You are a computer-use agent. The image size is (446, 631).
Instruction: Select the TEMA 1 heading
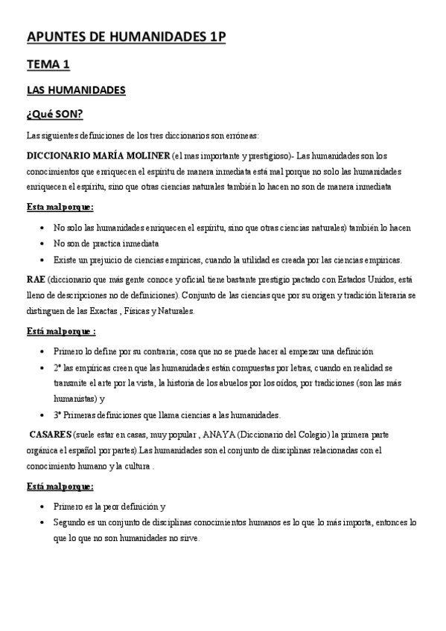(48, 65)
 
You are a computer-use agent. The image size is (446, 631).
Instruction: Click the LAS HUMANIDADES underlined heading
(76, 91)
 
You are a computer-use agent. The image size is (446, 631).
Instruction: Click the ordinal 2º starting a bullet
(60, 368)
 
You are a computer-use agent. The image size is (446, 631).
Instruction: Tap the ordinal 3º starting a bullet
(60, 414)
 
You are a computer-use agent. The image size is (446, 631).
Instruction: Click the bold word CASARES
(50, 434)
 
